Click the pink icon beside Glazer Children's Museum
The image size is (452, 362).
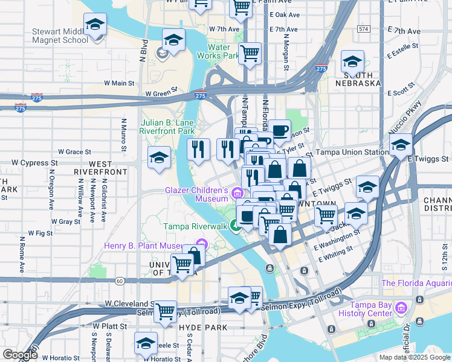point(237,193)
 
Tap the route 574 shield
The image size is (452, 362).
point(363,28)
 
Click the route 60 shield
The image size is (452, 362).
point(120,281)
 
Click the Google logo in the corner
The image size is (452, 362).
point(20,355)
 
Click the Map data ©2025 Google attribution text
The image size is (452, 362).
point(414,357)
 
